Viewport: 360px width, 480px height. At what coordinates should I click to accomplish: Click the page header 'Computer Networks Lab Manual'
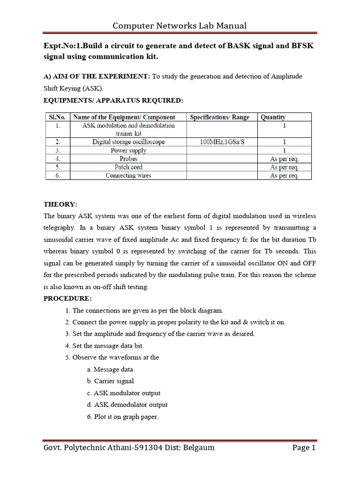click(180, 25)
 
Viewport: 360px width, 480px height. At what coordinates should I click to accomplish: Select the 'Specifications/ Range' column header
click(219, 117)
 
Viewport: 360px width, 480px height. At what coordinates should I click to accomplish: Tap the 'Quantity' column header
click(273, 117)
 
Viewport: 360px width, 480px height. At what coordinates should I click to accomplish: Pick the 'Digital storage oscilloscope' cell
click(128, 142)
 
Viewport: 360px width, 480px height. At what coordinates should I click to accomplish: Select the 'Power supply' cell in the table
click(128, 150)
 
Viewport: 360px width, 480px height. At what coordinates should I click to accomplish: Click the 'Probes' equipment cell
click(128, 159)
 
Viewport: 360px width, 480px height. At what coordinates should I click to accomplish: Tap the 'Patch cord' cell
click(128, 167)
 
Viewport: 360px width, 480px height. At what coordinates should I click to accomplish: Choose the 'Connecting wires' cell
click(128, 175)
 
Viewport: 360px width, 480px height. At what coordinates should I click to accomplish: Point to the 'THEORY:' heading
click(60, 204)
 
